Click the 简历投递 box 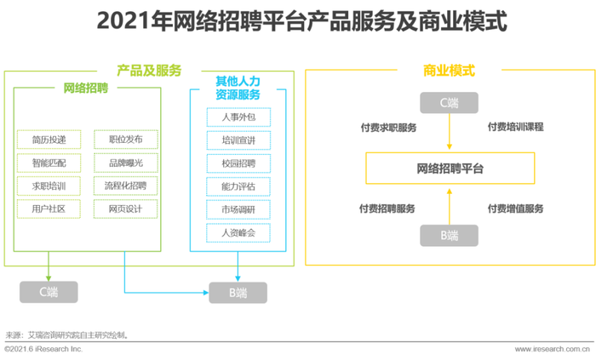[x=49, y=140]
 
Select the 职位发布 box [x=126, y=140]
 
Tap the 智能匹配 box [x=49, y=163]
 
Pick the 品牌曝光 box [x=126, y=163]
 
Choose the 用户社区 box [x=49, y=209]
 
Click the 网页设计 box [x=126, y=209]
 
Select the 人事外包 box [x=238, y=117]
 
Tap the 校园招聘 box [x=238, y=163]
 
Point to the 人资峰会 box [x=238, y=233]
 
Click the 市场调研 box [x=238, y=209]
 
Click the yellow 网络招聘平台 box [x=450, y=169]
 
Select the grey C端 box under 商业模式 [x=449, y=102]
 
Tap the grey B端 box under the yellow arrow [x=449, y=236]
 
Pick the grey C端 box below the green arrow [x=49, y=292]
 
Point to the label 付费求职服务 [x=388, y=128]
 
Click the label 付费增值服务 [x=515, y=209]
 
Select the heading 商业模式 [x=449, y=71]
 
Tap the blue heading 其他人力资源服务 [x=238, y=88]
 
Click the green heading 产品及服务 [x=149, y=71]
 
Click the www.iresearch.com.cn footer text [x=553, y=349]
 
